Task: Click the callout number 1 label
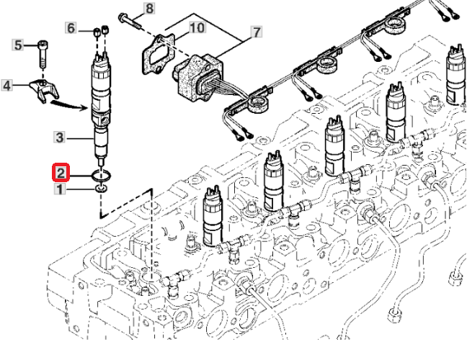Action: click(61, 189)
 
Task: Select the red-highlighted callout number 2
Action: click(61, 173)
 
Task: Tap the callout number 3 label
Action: click(61, 137)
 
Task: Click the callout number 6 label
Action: click(71, 28)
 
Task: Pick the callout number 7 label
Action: click(255, 32)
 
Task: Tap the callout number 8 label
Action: click(149, 9)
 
